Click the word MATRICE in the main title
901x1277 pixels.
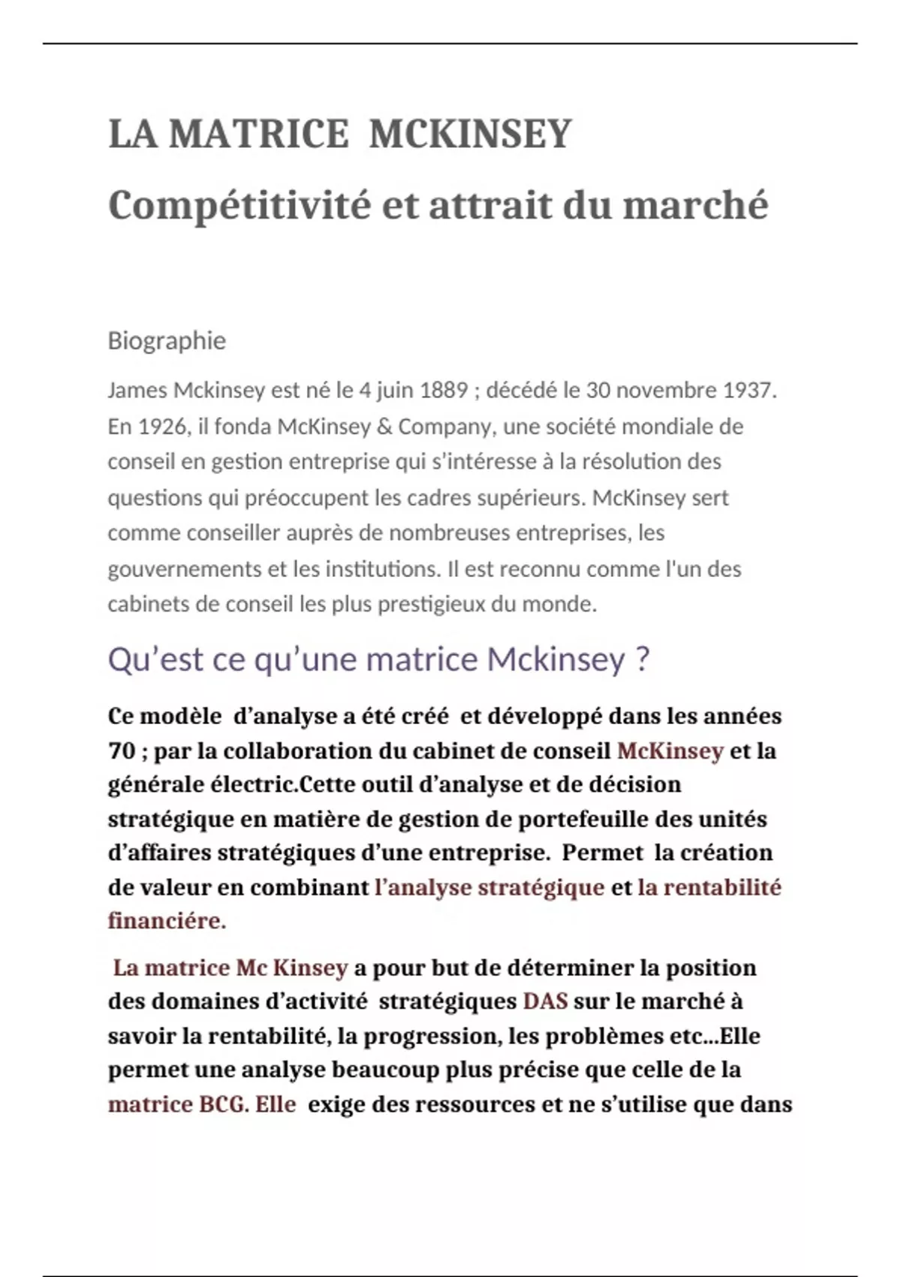(x=259, y=134)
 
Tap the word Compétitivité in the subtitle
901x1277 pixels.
(x=240, y=205)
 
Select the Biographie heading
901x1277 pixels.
(x=167, y=340)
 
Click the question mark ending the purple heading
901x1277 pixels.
(x=642, y=660)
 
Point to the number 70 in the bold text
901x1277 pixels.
(x=122, y=750)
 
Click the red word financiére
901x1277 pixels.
(x=167, y=921)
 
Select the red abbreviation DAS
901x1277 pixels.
(x=545, y=1001)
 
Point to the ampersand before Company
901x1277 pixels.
(x=384, y=427)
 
